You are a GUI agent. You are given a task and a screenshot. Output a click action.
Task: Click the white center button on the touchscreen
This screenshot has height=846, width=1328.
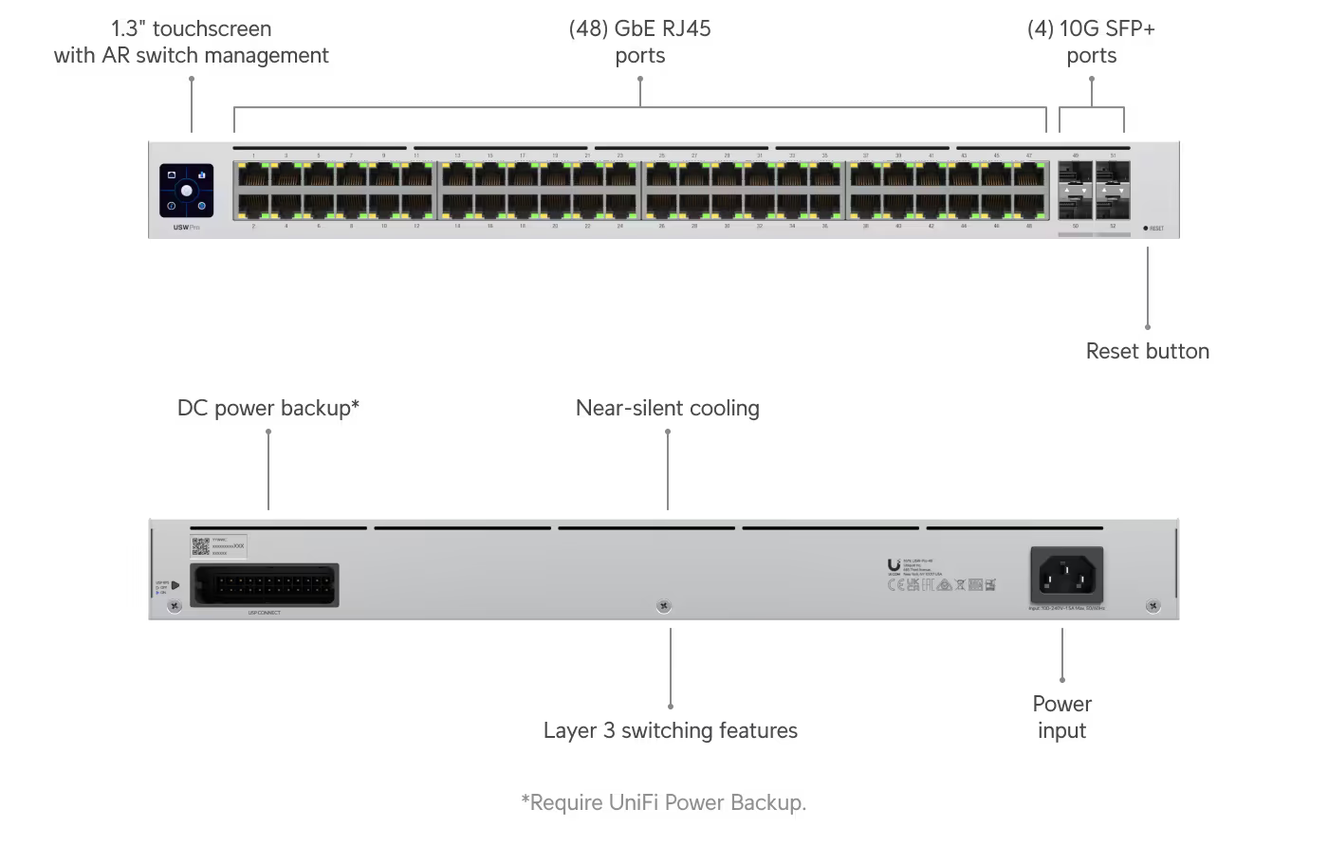pos(187,191)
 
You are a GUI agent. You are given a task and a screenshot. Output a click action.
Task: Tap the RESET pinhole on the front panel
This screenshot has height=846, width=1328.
pos(1146,229)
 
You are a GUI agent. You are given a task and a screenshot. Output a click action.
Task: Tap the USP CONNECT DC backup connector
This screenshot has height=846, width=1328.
pos(265,584)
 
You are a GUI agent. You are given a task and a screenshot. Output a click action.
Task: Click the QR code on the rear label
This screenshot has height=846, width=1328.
pos(200,545)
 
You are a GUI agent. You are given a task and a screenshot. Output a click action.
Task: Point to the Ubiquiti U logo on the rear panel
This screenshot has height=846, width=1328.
pos(894,566)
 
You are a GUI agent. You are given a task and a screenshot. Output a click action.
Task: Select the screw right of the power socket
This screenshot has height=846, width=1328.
pos(1153,605)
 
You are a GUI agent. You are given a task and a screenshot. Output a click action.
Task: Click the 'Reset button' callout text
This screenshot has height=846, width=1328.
pos(1147,351)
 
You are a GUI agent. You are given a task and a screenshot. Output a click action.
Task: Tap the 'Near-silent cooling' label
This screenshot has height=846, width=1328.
pos(667,408)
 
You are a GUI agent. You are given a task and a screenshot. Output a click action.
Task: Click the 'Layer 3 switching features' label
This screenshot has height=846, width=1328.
pos(670,730)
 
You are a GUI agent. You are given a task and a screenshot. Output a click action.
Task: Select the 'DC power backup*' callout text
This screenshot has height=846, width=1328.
pos(268,408)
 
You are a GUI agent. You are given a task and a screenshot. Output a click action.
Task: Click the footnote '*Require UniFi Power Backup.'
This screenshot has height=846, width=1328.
pos(663,802)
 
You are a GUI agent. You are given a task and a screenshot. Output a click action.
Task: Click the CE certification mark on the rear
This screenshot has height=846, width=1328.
pos(894,585)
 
